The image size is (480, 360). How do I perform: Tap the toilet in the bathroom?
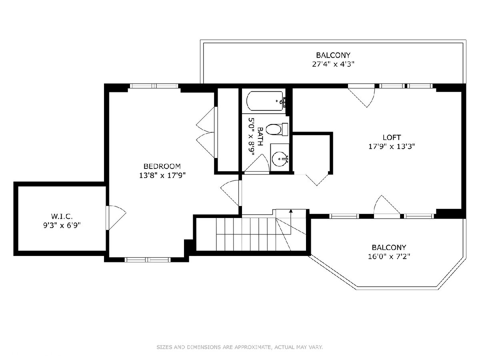(276, 129)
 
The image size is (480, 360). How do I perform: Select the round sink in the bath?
(280, 159)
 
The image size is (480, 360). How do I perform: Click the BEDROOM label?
(162, 166)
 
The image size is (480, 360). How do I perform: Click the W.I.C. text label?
(62, 216)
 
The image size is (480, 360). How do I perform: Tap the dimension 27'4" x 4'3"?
(333, 64)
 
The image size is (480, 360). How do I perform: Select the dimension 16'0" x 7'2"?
(389, 256)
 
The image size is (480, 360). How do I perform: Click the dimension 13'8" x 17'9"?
(162, 175)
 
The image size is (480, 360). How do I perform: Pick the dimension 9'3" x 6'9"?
(62, 225)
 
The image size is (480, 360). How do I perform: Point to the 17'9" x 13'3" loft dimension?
(392, 146)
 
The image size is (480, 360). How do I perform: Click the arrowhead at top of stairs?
(291, 211)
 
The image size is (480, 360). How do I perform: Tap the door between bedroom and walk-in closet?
(116, 218)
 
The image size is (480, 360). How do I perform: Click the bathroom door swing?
(256, 163)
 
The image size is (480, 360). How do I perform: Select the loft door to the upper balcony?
(362, 96)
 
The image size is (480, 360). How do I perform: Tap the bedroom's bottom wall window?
(148, 260)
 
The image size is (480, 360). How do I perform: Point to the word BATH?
(260, 136)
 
